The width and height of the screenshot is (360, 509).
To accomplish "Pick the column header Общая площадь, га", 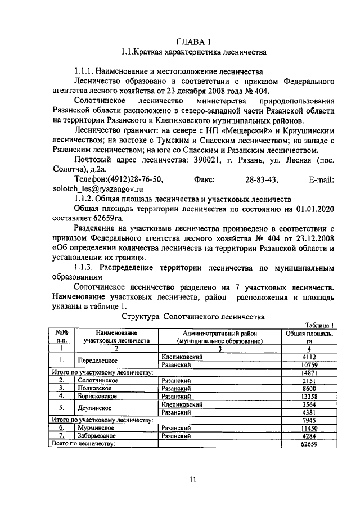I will (x=309, y=337).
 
